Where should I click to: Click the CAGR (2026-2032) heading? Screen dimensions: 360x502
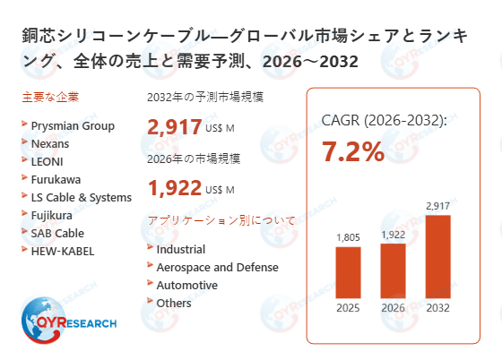(384, 121)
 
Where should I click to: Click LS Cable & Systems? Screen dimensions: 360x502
(81, 197)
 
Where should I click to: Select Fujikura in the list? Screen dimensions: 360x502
(53, 215)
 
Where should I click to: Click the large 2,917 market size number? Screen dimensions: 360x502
(176, 127)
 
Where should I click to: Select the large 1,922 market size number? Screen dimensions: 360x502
(176, 188)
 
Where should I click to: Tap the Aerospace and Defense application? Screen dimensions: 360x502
(217, 267)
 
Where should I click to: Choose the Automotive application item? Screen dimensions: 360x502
(186, 285)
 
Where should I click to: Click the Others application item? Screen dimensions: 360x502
(174, 303)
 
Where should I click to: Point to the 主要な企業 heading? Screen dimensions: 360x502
(52, 97)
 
